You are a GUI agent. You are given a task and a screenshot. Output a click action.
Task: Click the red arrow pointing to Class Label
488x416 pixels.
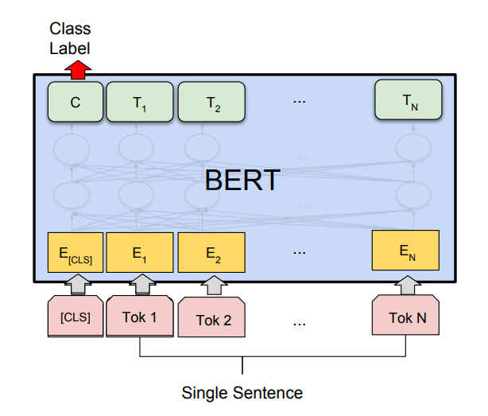click(78, 70)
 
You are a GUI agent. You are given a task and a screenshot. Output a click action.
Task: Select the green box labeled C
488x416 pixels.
click(76, 102)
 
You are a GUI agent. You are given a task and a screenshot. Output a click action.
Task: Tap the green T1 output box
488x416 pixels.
click(140, 102)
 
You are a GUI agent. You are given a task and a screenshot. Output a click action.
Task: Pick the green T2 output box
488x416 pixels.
click(211, 102)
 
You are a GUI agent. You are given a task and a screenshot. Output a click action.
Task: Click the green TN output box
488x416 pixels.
click(409, 99)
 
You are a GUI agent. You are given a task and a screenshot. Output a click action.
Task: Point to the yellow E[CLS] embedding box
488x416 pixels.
click(76, 252)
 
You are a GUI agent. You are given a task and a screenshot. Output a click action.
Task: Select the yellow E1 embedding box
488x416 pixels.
click(140, 252)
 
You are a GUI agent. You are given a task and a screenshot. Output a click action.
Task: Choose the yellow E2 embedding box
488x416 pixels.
click(211, 252)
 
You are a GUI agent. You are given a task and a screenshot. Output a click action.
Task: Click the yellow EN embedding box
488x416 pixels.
click(406, 251)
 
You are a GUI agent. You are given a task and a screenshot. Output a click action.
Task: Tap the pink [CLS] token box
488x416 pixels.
click(76, 317)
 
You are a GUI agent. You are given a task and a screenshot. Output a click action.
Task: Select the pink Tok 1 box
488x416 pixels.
click(140, 317)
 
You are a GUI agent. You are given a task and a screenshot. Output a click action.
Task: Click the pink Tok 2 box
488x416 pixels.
click(211, 317)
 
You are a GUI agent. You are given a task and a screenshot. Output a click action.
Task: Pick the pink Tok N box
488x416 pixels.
click(406, 315)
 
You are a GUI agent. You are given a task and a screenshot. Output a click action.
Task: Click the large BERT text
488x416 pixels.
click(242, 180)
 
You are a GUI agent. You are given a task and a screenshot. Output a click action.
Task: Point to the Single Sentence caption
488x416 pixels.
click(242, 393)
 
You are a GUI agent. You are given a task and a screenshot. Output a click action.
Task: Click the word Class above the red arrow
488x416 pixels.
click(70, 29)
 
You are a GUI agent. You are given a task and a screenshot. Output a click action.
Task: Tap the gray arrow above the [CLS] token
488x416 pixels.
click(78, 284)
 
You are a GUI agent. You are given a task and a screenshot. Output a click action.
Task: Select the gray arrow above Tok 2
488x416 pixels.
click(214, 286)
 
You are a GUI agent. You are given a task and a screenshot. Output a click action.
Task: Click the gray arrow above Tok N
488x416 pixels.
click(408, 285)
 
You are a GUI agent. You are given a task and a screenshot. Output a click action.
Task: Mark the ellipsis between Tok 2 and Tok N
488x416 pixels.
click(300, 325)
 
